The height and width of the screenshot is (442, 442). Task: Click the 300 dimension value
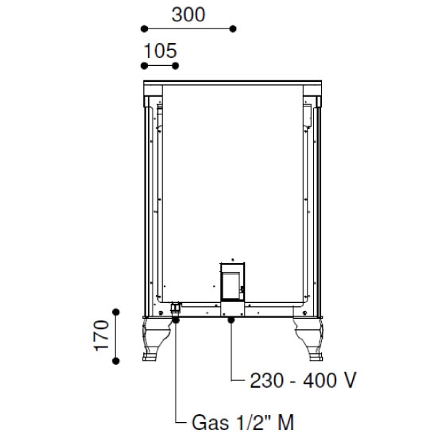pos(188,15)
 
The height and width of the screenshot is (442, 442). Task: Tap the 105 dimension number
pos(161,51)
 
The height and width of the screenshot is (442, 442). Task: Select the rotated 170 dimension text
pos(102,335)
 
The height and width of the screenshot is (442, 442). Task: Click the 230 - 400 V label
pos(304,380)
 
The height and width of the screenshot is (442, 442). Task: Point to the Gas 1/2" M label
pos(243,422)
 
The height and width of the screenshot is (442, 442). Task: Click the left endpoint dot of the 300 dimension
pos(144,29)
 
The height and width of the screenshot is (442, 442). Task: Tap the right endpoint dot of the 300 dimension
pos(233,29)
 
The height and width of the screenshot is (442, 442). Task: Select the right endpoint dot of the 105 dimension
pos(175,66)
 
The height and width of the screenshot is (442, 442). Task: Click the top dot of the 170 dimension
pos(116,312)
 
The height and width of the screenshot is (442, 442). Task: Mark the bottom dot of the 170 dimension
pos(116,361)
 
